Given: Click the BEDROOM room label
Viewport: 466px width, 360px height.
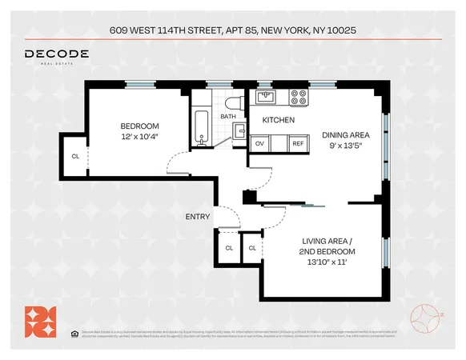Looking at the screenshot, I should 140,126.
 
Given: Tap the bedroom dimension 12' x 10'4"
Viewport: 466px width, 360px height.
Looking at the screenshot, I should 140,137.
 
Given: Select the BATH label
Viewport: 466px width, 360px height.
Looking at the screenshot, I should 228,117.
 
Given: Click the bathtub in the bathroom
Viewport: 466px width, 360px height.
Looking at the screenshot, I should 200,126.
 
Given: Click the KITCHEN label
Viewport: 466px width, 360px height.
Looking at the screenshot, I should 278,120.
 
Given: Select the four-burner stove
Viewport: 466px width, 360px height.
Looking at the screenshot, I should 299,97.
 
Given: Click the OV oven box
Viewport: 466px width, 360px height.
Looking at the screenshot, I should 259,143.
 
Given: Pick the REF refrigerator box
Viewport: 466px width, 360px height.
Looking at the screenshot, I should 298,143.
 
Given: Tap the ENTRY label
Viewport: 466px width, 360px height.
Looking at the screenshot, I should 198,217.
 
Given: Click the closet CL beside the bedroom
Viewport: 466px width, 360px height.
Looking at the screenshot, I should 75,156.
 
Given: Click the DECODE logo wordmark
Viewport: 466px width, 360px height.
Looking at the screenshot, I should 56,54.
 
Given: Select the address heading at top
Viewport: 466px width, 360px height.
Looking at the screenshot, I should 233,31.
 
